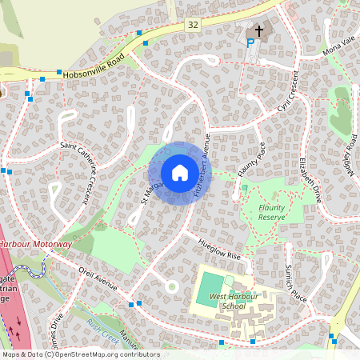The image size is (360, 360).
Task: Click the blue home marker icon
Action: pos(180,173)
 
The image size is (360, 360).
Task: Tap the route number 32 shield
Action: pos(193,26)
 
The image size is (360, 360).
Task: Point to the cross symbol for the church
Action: pos(259,30)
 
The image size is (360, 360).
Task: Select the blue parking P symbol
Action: pos(250,42)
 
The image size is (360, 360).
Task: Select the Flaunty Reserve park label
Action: pos(272,212)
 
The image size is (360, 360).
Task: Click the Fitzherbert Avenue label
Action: pos(200,160)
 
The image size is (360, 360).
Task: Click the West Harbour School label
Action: pos(228,302)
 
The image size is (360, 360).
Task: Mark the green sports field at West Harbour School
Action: pos(210,286)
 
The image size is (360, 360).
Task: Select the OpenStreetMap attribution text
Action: pos(80,354)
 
